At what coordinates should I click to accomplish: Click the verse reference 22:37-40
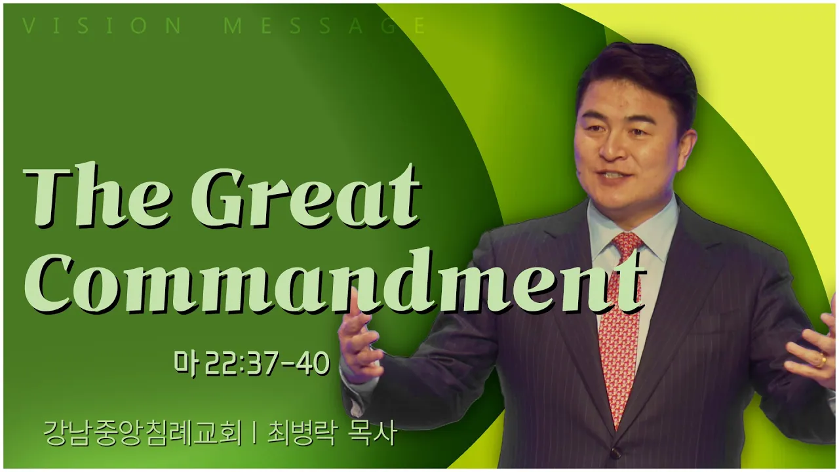pyautogui.click(x=268, y=363)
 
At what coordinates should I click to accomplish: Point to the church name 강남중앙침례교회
pyautogui.click(x=142, y=434)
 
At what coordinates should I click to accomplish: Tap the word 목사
pyautogui.click(x=372, y=434)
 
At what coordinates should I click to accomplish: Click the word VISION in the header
pyautogui.click(x=102, y=26)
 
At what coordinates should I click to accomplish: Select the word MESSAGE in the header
pyautogui.click(x=324, y=26)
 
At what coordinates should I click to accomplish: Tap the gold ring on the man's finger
pyautogui.click(x=821, y=361)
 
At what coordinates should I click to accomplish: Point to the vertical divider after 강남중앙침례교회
pyautogui.click(x=255, y=434)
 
